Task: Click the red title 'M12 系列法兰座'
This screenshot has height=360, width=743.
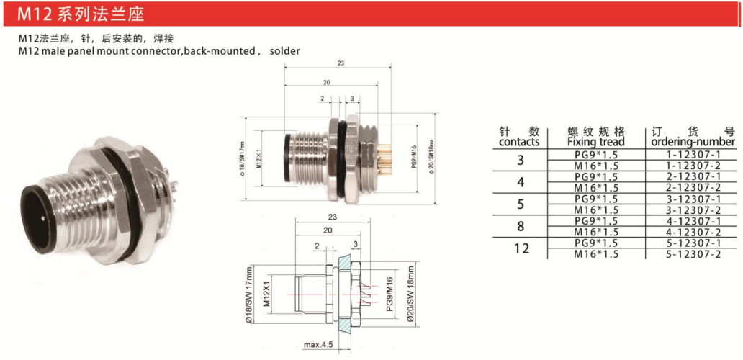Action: [x=81, y=14]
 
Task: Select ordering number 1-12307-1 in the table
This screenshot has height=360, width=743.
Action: [x=695, y=155]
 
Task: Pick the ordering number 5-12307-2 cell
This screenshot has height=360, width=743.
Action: [x=695, y=254]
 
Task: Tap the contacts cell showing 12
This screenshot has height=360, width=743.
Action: [x=521, y=248]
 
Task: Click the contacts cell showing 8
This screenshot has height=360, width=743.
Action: [x=521, y=226]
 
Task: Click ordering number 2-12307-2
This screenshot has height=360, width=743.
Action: [x=695, y=188]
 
